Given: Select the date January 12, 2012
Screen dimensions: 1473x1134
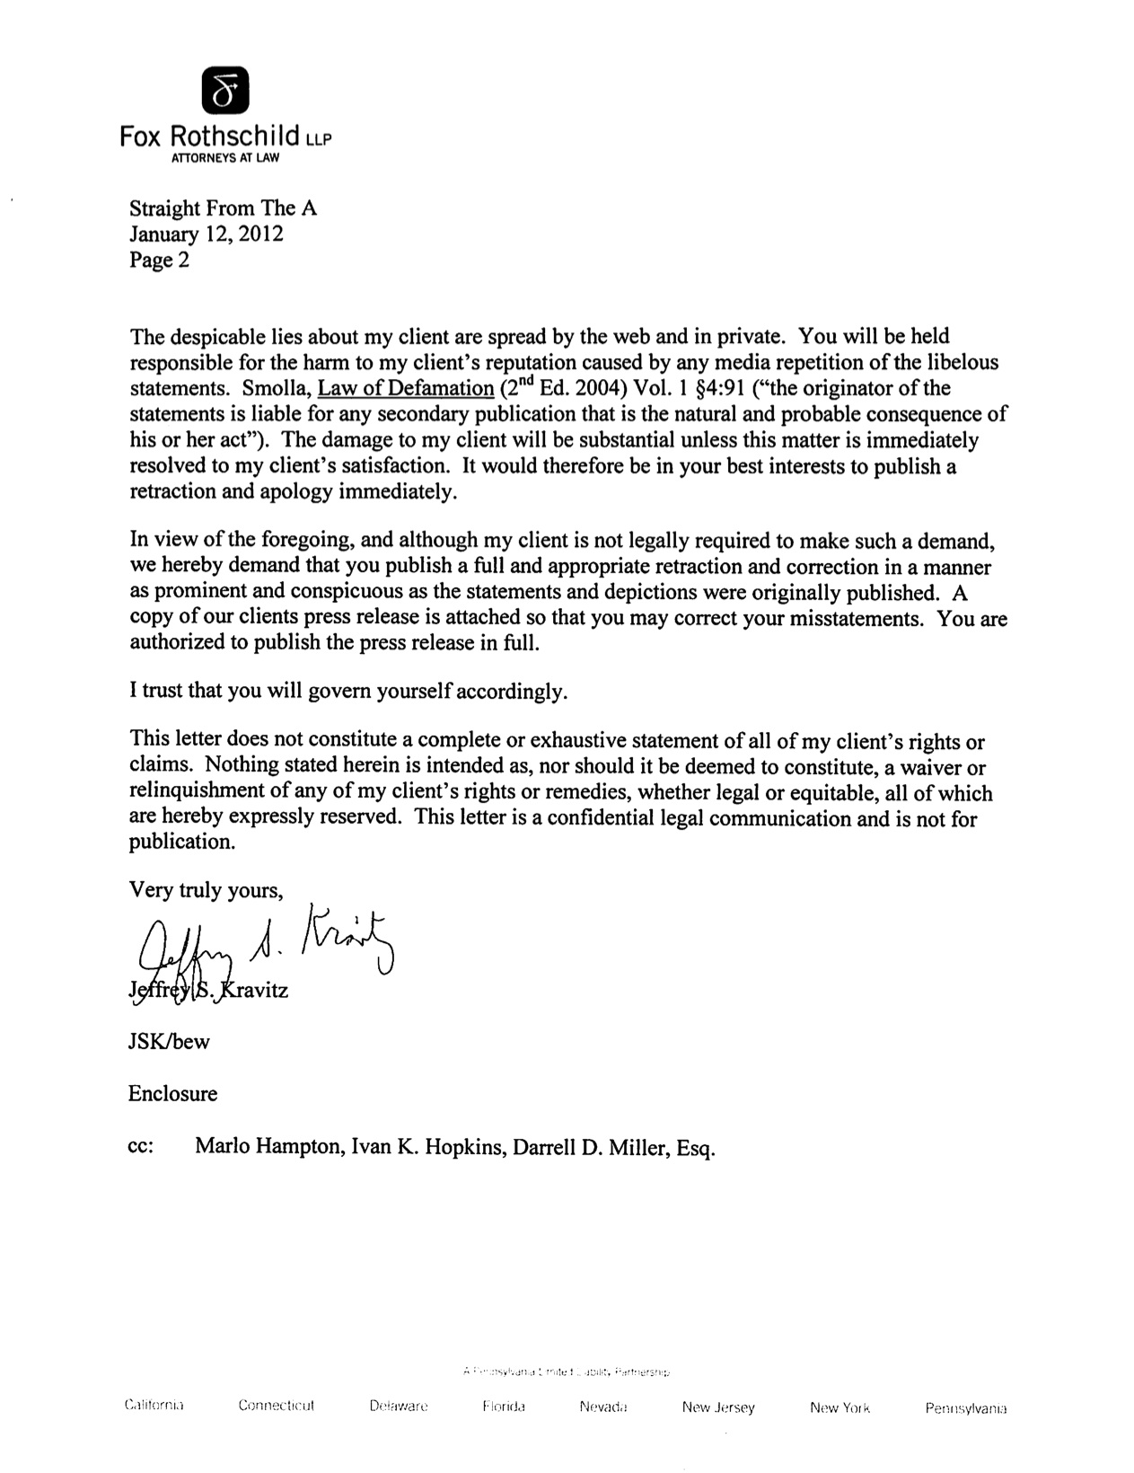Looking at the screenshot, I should [206, 234].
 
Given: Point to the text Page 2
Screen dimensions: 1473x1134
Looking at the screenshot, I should [159, 260].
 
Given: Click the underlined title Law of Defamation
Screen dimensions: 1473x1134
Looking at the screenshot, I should [400, 389].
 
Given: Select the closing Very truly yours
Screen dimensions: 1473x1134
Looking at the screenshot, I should [207, 890].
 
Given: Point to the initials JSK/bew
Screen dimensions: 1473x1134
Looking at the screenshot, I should [169, 1042].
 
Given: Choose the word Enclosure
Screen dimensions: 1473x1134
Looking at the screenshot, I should [172, 1094].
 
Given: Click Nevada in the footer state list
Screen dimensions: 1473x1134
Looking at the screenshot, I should [602, 1407].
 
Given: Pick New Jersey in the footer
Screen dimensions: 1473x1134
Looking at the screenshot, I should [717, 1407].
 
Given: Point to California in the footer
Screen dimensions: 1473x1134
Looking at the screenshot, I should [154, 1406].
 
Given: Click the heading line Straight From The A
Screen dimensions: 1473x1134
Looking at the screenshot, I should [223, 208].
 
